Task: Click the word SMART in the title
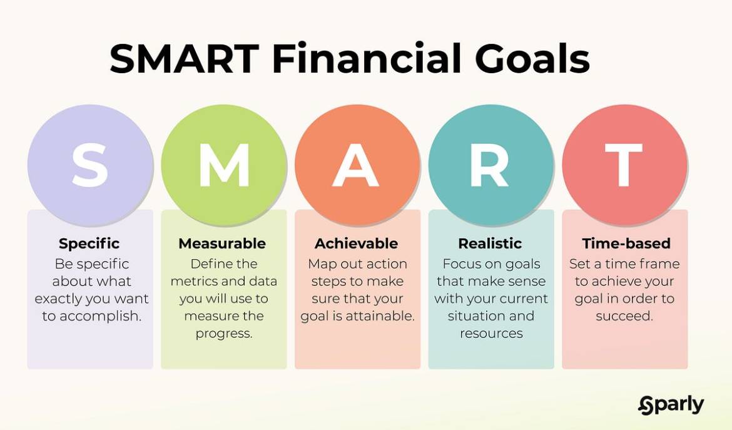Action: coord(184,60)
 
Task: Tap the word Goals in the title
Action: coord(532,60)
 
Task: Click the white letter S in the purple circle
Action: coord(90,165)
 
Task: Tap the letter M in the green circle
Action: coord(223,165)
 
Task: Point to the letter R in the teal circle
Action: coord(491,165)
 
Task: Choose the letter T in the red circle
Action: coord(624,165)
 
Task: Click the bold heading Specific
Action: coord(89,243)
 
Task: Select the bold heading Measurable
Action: coord(222,243)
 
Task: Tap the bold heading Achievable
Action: coord(356,243)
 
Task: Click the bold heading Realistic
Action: coord(491,243)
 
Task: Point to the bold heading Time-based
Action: coord(626,243)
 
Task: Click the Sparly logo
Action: coord(671,406)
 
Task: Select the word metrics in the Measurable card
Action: coord(199,282)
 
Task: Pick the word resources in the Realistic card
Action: coord(491,334)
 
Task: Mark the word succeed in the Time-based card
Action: coord(624,317)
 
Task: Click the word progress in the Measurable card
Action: coord(223,334)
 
